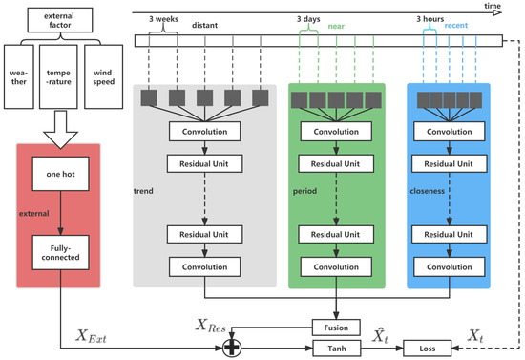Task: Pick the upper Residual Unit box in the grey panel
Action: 205,164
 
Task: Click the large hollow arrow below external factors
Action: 60,123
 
